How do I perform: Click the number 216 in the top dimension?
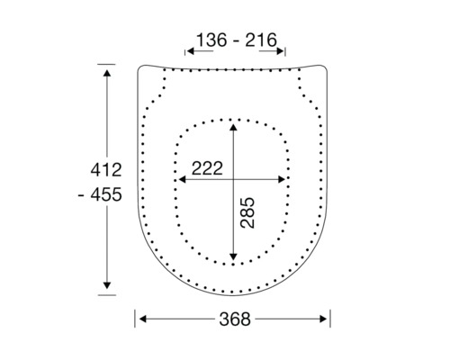(x=257, y=42)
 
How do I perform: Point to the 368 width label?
(x=233, y=319)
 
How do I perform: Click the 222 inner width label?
(x=210, y=168)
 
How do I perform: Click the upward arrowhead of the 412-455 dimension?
(x=106, y=70)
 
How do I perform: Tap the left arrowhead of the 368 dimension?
(x=142, y=319)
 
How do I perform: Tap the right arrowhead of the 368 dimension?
(x=325, y=319)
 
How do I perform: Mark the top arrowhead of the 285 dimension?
(x=234, y=127)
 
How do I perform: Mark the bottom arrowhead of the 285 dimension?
(x=234, y=256)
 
